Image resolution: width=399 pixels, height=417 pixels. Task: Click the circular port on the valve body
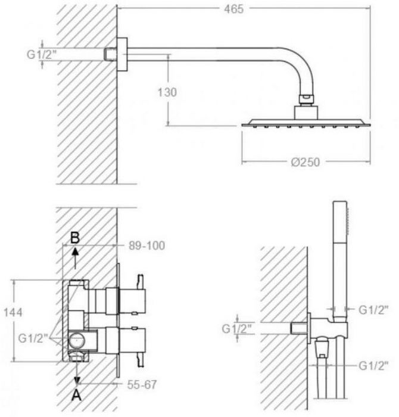coord(76,341)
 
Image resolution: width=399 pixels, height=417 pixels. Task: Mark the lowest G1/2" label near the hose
coord(372,365)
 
